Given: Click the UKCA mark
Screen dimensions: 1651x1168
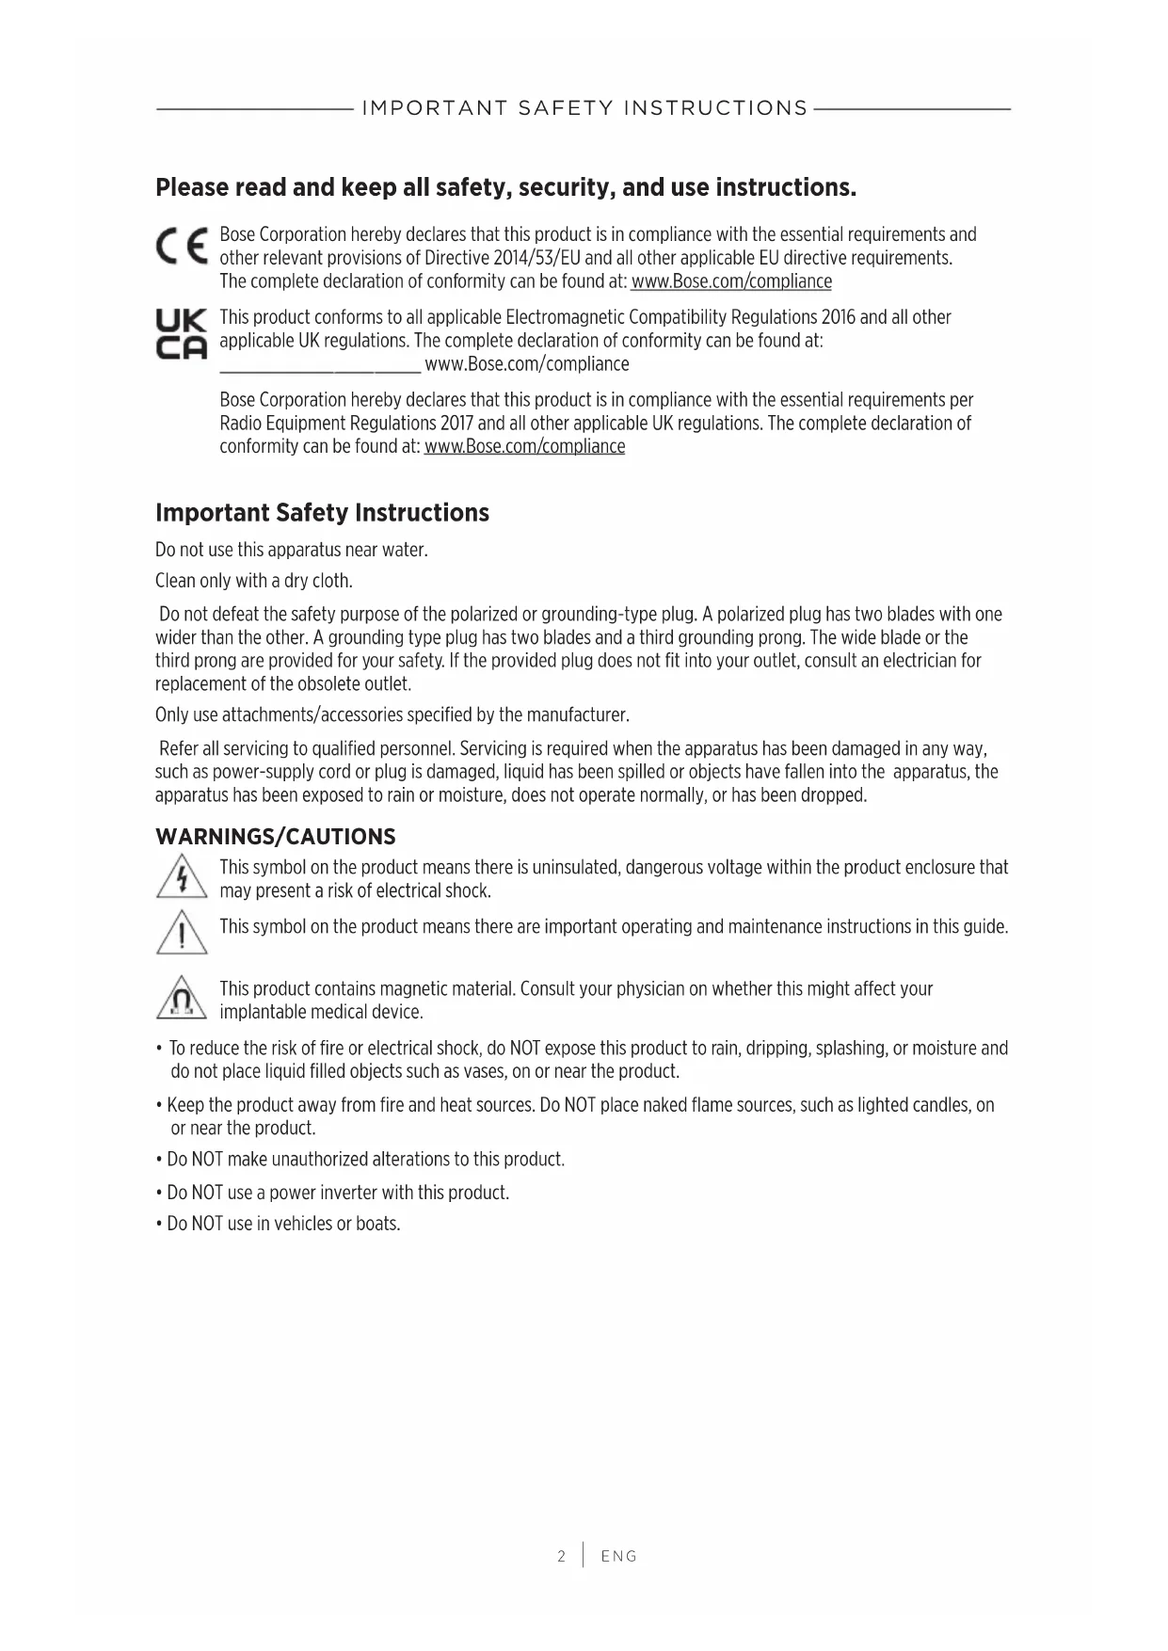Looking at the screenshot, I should click(181, 334).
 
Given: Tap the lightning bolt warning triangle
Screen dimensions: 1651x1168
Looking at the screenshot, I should click(182, 876).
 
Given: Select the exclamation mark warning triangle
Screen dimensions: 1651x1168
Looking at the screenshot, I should click(182, 933).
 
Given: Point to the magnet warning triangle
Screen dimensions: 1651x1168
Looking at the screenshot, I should click(182, 998).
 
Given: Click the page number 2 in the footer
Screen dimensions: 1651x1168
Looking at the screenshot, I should click(562, 1556).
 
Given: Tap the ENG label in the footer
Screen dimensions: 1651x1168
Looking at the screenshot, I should click(619, 1556).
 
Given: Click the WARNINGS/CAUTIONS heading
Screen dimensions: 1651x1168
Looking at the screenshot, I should click(275, 837).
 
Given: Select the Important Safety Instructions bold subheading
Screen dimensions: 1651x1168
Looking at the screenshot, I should click(322, 513).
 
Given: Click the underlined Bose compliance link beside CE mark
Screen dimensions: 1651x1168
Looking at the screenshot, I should click(731, 281).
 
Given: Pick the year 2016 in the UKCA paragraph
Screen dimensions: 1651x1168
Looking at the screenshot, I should click(838, 317).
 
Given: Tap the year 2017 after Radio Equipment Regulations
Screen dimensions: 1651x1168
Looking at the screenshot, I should click(456, 424).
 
